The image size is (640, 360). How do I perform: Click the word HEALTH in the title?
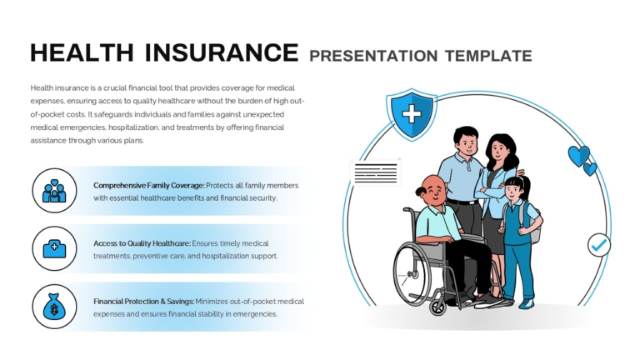click(82, 52)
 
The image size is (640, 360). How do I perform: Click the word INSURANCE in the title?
click(222, 52)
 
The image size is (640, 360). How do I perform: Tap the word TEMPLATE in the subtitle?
click(488, 56)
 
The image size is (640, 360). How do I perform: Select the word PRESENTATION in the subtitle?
click(373, 56)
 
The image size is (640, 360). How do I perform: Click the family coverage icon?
click(54, 191)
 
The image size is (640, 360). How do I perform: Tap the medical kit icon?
click(54, 248)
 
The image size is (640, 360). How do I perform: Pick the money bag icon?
click(54, 307)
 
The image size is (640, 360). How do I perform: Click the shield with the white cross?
click(412, 114)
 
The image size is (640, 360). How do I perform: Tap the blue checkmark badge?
click(599, 245)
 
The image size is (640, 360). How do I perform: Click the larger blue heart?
click(578, 156)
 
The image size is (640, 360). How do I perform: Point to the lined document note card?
click(376, 172)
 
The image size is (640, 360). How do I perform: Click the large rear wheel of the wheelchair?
click(414, 274)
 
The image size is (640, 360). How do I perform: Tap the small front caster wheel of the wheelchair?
click(439, 307)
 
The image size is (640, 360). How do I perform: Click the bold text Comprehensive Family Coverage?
click(149, 185)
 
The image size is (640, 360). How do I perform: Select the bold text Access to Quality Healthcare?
click(142, 243)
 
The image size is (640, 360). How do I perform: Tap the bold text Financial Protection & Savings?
click(143, 301)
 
